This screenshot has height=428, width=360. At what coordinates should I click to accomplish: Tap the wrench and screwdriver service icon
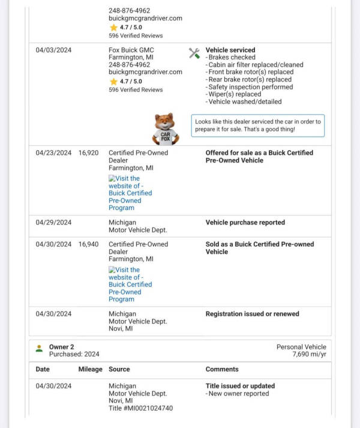click(194, 53)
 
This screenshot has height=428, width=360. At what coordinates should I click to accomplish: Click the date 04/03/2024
click(53, 50)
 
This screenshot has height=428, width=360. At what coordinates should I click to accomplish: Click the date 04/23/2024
click(53, 153)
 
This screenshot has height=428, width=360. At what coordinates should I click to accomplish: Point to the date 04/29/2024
click(53, 223)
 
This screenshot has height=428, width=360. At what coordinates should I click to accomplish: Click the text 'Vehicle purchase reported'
click(245, 223)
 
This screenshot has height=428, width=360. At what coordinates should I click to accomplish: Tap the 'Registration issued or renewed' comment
click(252, 314)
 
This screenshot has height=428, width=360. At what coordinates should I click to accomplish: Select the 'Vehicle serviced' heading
click(230, 50)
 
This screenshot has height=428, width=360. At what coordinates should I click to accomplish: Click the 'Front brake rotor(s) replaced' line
click(250, 72)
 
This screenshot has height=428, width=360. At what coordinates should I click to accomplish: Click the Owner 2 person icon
click(39, 348)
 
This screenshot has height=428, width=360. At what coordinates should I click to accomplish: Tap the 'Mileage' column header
click(90, 369)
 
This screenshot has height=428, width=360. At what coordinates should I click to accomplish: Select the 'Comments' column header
click(222, 369)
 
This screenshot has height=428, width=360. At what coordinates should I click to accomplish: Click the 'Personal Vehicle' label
click(301, 347)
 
